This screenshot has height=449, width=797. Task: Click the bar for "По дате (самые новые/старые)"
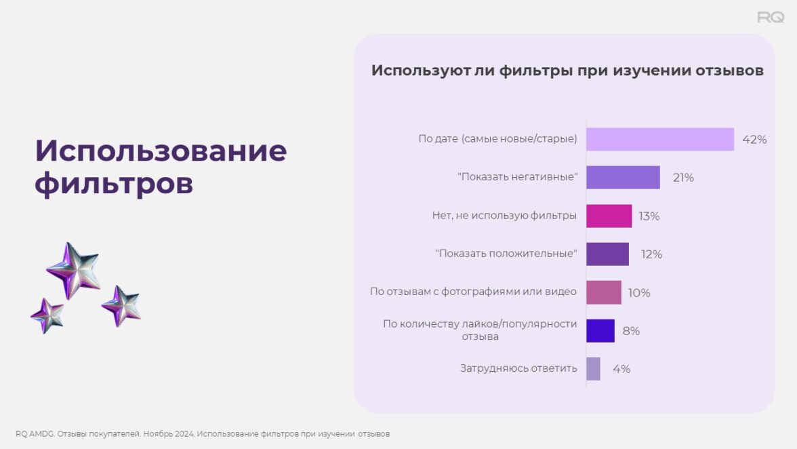pyautogui.click(x=660, y=139)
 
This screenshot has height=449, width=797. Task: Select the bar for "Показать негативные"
pyautogui.click(x=624, y=178)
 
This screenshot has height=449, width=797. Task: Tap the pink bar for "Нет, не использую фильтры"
pyautogui.click(x=609, y=216)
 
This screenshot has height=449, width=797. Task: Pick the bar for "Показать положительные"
pyautogui.click(x=607, y=254)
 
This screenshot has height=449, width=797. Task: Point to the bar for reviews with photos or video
pyautogui.click(x=604, y=292)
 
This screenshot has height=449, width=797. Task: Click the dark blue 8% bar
pyautogui.click(x=600, y=330)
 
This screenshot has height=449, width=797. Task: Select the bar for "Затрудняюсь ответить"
pyautogui.click(x=593, y=369)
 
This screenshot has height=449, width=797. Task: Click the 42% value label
pyautogui.click(x=754, y=139)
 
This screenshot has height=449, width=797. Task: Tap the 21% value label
pyautogui.click(x=683, y=178)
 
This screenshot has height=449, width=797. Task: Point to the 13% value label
pyautogui.click(x=649, y=216)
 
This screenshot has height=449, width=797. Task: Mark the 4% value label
pyautogui.click(x=621, y=369)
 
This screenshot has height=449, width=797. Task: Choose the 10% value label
pyautogui.click(x=639, y=293)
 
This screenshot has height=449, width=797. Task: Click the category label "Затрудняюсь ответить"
pyautogui.click(x=518, y=368)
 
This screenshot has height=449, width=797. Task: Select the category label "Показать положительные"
pyautogui.click(x=506, y=253)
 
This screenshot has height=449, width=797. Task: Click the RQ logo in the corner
pyautogui.click(x=771, y=17)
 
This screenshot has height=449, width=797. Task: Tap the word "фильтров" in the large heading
pyautogui.click(x=114, y=184)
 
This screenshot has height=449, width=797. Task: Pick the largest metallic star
pyautogui.click(x=75, y=270)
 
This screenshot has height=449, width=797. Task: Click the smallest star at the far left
pyautogui.click(x=47, y=316)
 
